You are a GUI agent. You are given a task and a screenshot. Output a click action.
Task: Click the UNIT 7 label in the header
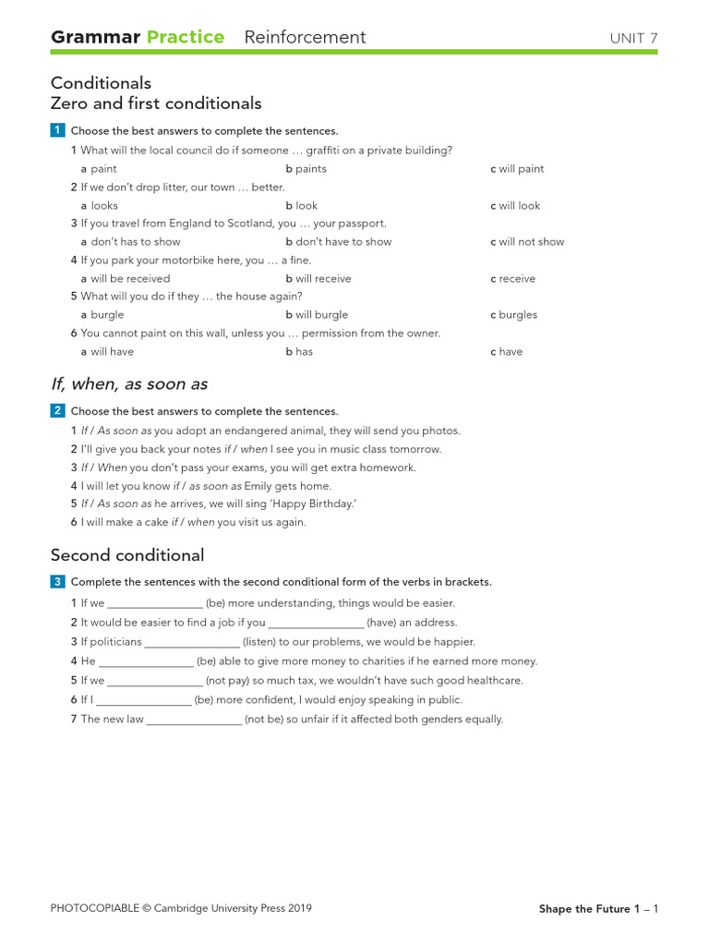tap(633, 38)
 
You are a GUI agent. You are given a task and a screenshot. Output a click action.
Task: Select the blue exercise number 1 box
tap(57, 130)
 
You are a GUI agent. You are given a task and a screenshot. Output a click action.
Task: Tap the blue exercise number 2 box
tap(57, 410)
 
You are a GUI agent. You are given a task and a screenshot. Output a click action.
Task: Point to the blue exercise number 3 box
tap(57, 581)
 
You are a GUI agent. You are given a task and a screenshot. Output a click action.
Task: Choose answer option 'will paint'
tap(521, 169)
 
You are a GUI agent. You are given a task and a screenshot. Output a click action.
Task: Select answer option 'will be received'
tap(129, 278)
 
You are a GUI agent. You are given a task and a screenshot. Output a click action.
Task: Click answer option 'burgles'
tap(517, 315)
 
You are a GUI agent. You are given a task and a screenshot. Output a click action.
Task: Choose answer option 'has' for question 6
tap(304, 352)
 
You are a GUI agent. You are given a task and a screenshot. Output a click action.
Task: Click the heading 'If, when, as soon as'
tap(128, 383)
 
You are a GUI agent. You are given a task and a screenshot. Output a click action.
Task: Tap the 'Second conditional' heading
tap(127, 555)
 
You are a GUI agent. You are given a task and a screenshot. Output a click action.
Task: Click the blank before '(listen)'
tap(192, 642)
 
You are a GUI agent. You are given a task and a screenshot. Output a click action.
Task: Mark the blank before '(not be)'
tap(194, 720)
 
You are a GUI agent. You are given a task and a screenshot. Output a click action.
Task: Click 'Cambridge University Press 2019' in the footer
tap(233, 908)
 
